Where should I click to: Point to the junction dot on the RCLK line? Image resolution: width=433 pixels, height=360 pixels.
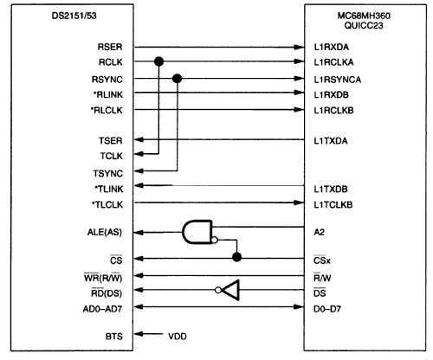pyautogui.click(x=158, y=62)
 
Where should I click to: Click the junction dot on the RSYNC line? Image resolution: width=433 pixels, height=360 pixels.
pyautogui.click(x=177, y=79)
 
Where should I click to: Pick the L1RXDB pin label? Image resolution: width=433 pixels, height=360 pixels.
pyautogui.click(x=332, y=94)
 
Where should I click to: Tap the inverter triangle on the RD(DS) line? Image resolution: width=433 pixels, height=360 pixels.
pyautogui.click(x=228, y=291)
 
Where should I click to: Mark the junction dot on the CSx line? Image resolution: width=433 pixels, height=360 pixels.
pyautogui.click(x=236, y=257)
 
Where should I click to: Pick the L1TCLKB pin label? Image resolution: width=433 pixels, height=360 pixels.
pyautogui.click(x=333, y=204)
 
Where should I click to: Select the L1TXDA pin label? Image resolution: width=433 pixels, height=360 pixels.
pyautogui.click(x=332, y=140)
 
